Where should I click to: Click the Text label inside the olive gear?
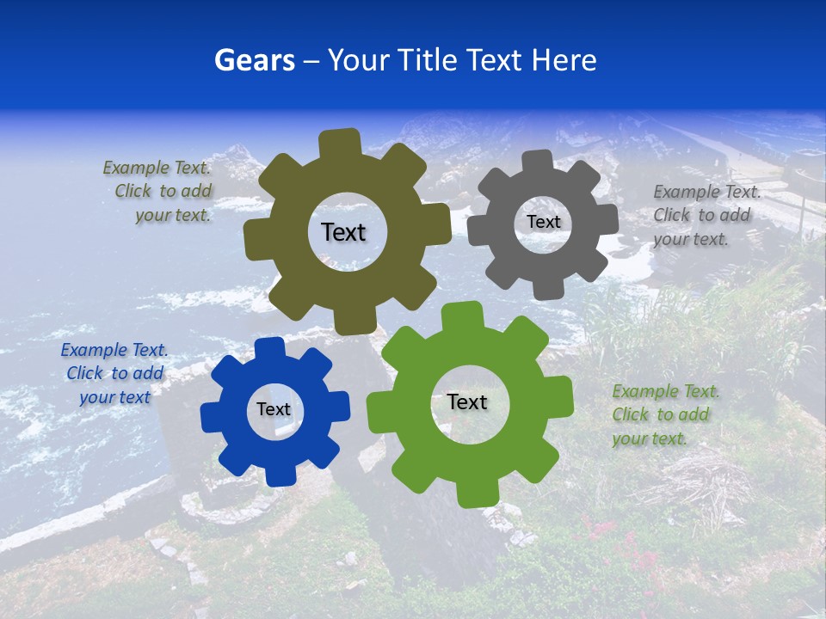coord(343,232)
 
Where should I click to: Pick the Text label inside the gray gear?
coord(543,222)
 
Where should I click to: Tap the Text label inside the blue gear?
coord(274,409)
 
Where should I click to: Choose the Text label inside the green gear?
coord(467,401)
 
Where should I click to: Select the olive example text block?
coord(158,192)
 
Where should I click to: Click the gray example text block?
coord(706,215)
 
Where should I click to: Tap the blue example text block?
coord(114,373)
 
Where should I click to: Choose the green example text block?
coord(664,414)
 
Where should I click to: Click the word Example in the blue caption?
coord(93,350)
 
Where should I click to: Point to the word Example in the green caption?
coord(645,391)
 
